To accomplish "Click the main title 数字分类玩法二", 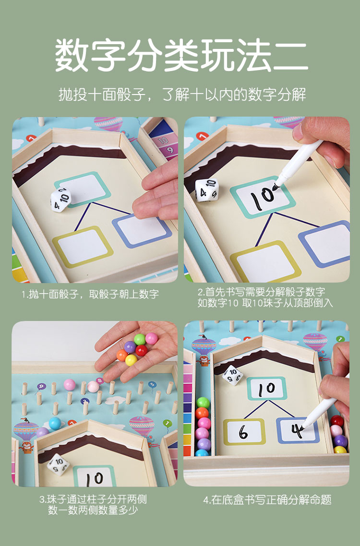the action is tap(181, 55).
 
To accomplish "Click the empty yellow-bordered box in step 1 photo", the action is tap(83, 247).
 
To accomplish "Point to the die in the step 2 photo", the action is tap(207, 190).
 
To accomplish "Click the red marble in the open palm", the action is tap(141, 350).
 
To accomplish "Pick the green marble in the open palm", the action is tap(139, 339).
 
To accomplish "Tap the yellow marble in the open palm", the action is tap(131, 360).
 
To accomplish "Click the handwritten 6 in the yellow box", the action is tap(243, 432).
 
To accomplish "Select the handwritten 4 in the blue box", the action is tap(297, 431).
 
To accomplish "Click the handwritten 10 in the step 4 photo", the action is tap(266, 389).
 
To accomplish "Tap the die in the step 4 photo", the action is tap(233, 375).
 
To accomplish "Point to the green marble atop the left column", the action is tap(203, 403).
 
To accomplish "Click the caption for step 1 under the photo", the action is tap(90, 294).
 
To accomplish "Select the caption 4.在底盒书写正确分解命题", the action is tap(267, 500).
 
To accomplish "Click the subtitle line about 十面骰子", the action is tap(182, 95).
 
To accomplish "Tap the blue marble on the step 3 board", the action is tap(55, 424).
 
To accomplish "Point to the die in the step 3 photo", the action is tap(58, 464).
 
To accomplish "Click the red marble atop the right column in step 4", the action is tap(337, 421).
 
